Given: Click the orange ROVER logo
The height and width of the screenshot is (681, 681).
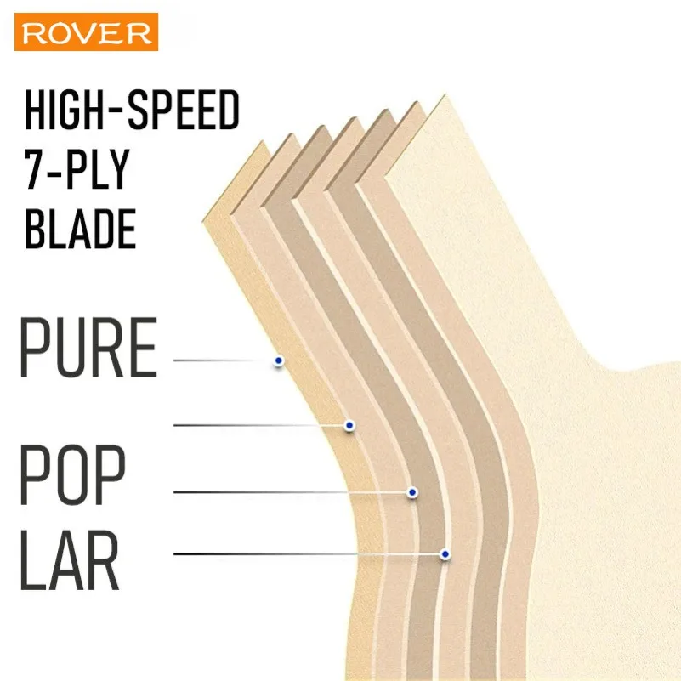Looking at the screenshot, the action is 86,31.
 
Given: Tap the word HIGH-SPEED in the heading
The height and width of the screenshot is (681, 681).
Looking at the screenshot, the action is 132,110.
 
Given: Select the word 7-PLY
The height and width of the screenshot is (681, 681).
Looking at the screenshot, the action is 77,169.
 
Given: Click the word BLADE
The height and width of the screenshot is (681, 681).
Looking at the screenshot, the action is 81,229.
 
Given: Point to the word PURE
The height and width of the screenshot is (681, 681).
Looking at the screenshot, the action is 88,348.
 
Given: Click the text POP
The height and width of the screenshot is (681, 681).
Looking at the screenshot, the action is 72,474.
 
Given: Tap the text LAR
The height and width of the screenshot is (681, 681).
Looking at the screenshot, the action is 70,559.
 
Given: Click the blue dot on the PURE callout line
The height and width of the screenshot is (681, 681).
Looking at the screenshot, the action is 279,360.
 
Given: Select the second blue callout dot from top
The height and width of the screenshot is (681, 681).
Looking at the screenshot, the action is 349,425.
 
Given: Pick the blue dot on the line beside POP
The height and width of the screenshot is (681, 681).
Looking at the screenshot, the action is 412,492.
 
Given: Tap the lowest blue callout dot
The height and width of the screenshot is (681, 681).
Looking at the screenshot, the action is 445,554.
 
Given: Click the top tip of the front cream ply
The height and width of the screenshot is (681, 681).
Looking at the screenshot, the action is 445,94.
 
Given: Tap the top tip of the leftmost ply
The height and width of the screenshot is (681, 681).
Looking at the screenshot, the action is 262,141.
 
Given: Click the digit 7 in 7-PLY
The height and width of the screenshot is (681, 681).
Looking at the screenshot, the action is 34,169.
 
